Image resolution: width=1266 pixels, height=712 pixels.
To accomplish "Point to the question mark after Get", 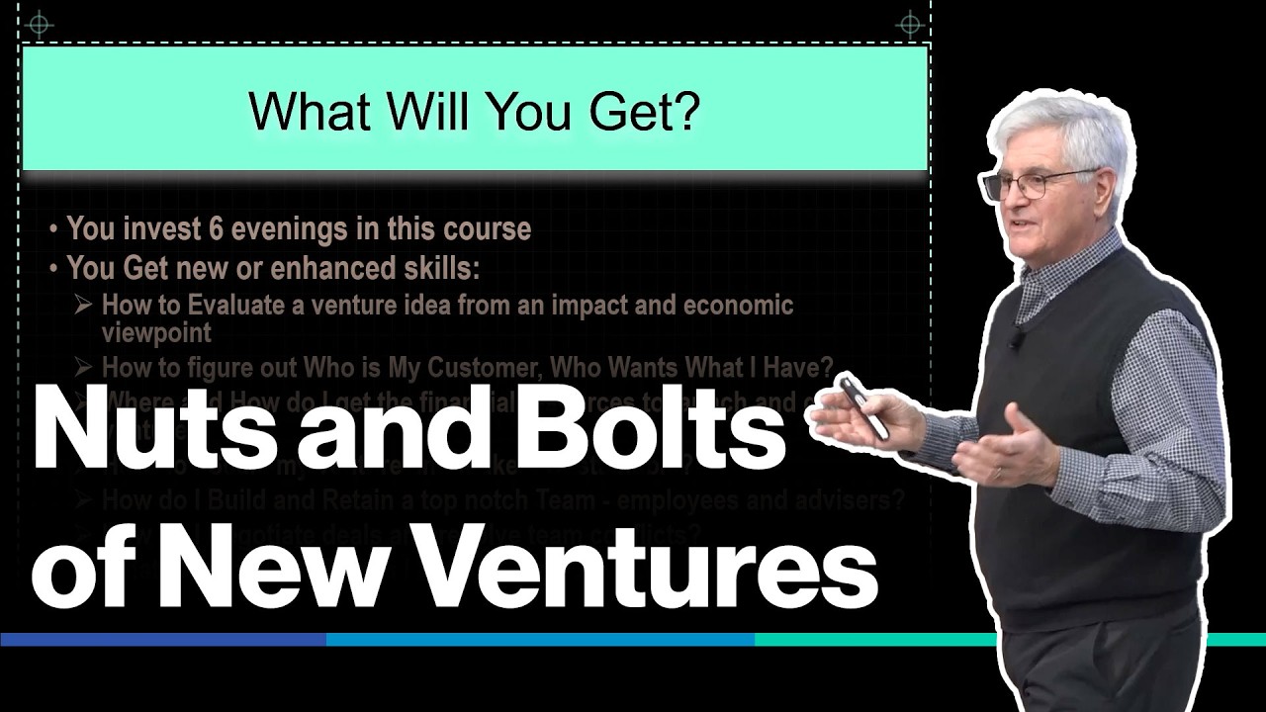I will (684, 111).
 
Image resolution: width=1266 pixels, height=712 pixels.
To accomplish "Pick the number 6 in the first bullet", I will (216, 229).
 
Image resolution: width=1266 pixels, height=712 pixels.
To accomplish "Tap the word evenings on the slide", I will (287, 229).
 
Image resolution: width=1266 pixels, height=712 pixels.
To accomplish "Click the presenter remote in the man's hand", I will (863, 406).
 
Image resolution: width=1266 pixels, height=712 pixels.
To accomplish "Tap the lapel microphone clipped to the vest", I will (1016, 339).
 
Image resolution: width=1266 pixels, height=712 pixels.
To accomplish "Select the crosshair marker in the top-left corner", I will (39, 24).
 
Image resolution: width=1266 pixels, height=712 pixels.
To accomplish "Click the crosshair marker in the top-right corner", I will (908, 24).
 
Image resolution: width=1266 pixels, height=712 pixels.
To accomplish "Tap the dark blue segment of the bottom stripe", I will (163, 640).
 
